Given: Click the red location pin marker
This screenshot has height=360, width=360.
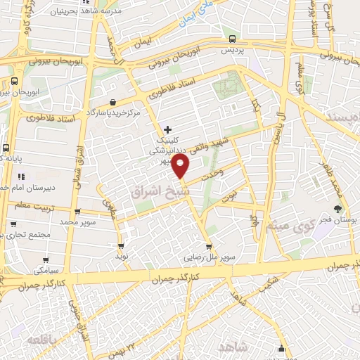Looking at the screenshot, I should (x=181, y=167).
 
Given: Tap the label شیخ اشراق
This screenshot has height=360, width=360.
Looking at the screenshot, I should (x=151, y=191).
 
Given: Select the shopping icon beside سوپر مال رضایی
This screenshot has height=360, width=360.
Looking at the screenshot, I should (x=209, y=247).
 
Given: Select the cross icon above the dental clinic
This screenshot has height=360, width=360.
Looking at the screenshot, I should (x=167, y=129).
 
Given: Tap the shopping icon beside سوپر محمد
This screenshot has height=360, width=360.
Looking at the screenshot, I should (x=77, y=212).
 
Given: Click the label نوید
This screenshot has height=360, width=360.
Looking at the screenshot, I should (x=122, y=258).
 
